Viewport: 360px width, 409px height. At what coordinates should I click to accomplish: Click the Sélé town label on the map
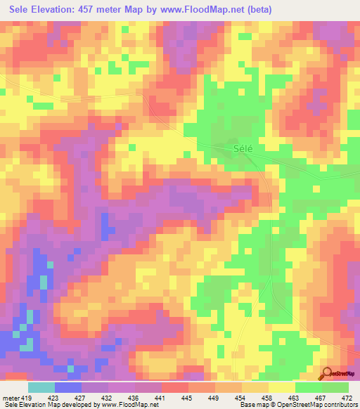point(241,149)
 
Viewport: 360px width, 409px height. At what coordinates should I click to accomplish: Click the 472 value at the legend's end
point(347,398)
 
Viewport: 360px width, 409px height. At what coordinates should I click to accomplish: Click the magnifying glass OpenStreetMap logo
point(326,372)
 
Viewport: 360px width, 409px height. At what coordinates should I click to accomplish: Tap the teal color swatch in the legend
point(41,387)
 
